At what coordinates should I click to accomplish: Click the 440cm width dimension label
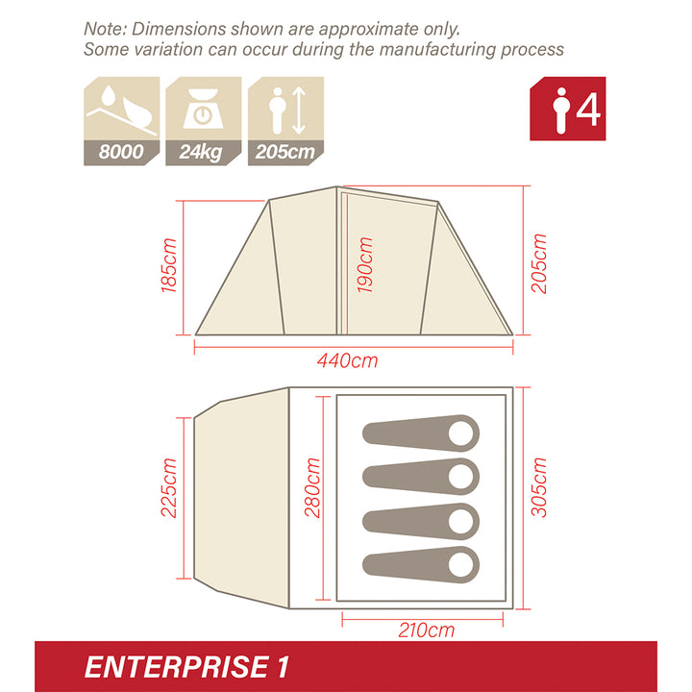click(x=348, y=361)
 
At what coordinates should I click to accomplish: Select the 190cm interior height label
click(x=365, y=264)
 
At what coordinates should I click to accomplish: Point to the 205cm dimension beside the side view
click(x=539, y=263)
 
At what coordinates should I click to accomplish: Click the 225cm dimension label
click(x=170, y=487)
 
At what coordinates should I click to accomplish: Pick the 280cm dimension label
click(x=310, y=487)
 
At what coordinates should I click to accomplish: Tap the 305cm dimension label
click(x=539, y=487)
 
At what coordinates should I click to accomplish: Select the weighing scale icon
click(x=203, y=108)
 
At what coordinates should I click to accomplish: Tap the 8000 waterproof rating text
click(x=120, y=153)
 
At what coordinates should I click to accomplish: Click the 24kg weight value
click(x=202, y=153)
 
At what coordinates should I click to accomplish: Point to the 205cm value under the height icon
click(x=285, y=153)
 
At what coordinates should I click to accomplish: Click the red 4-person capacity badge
click(x=568, y=109)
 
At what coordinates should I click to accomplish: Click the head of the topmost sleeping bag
click(x=462, y=432)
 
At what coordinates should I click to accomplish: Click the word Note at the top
click(x=105, y=29)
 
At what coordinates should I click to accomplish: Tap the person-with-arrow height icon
click(x=285, y=108)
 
